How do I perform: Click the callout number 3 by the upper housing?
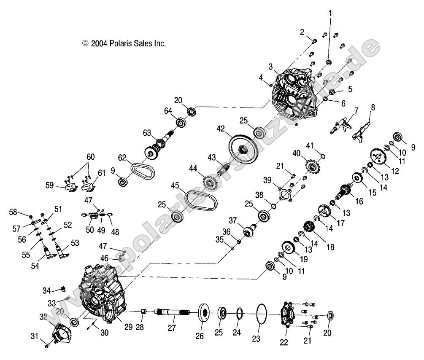[x=270, y=67]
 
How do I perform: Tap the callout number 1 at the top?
[x=330, y=13]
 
